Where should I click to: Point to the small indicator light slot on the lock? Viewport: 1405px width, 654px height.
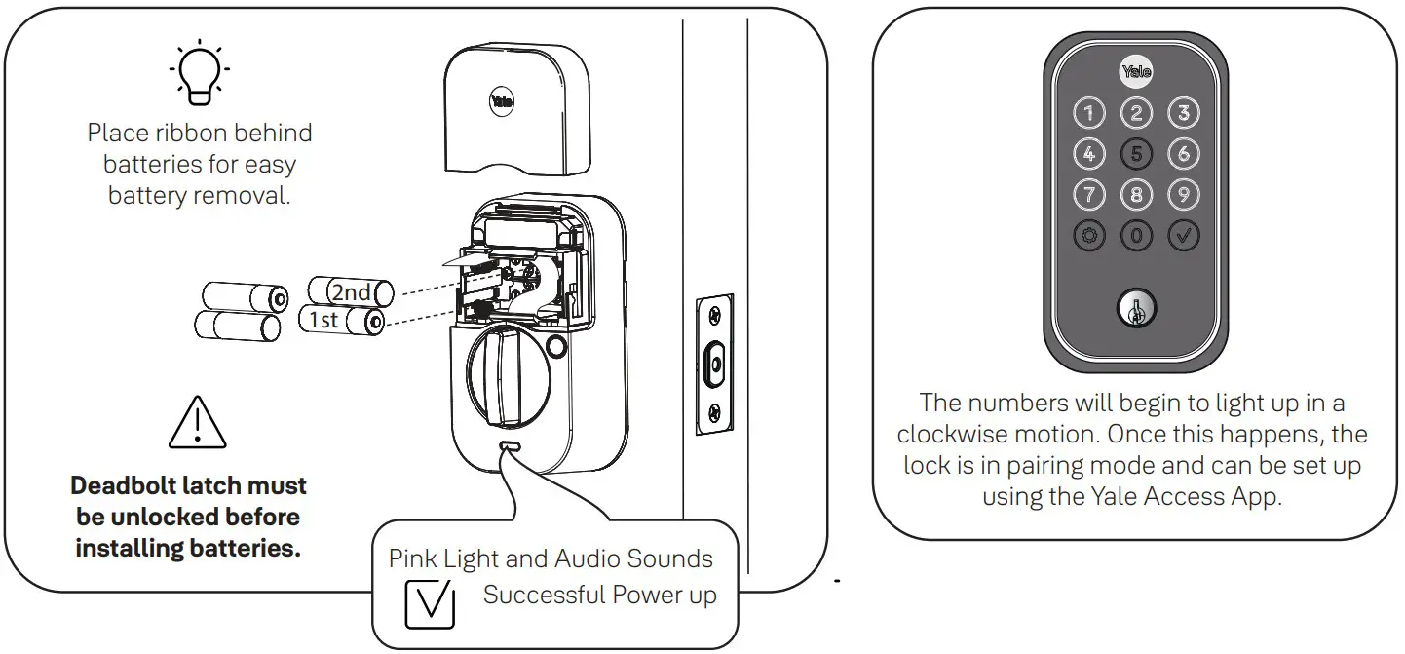[x=509, y=445]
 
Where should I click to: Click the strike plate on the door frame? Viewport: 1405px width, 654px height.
[x=714, y=365]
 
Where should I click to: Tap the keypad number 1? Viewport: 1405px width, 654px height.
[x=1088, y=113]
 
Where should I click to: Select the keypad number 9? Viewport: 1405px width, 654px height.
[x=1183, y=194]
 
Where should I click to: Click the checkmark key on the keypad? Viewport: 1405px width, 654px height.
[x=1183, y=235]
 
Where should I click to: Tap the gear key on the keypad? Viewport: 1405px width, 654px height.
[x=1088, y=235]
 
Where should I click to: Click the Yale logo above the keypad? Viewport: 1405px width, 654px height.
[x=1135, y=71]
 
